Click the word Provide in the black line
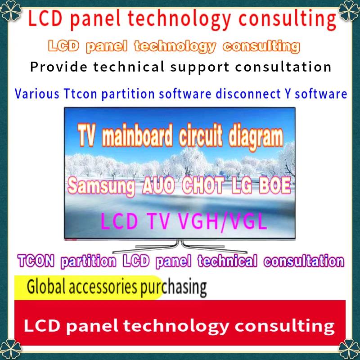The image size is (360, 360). pyautogui.click(x=59, y=67)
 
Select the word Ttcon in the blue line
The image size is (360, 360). pyautogui.click(x=81, y=94)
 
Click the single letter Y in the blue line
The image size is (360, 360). pyautogui.click(x=288, y=94)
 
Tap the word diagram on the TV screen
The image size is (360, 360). pyautogui.click(x=256, y=137)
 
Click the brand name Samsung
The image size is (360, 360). pyautogui.click(x=101, y=185)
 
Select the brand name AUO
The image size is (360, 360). pyautogui.click(x=158, y=185)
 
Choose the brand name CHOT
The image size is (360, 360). pyautogui.click(x=203, y=185)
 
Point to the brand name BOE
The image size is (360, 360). pyautogui.click(x=275, y=185)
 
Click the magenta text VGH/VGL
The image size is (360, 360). pyautogui.click(x=222, y=221)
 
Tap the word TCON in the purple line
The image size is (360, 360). pyautogui.click(x=36, y=261)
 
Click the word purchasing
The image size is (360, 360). pyautogui.click(x=174, y=288)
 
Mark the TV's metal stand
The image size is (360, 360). pyautogui.click(x=180, y=246)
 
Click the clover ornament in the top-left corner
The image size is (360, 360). pyautogui.click(x=10, y=10)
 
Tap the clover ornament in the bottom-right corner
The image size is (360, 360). pyautogui.click(x=349, y=349)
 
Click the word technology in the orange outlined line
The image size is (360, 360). pyautogui.click(x=175, y=47)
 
